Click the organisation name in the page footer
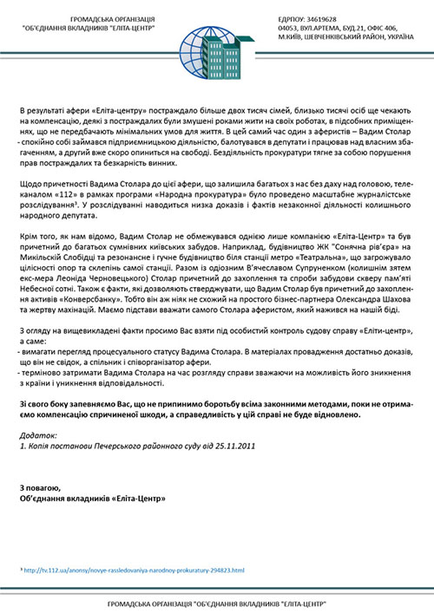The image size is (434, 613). (x=216, y=603)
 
